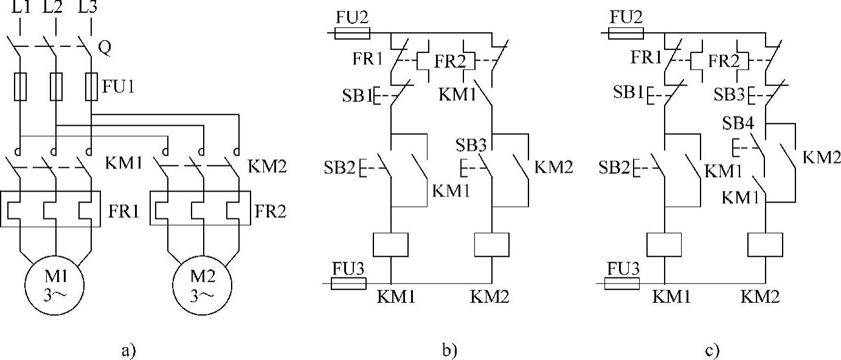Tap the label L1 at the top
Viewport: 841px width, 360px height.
[x=20, y=9]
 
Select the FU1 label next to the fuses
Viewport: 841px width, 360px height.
[x=118, y=86]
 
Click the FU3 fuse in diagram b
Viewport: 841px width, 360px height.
[x=348, y=283]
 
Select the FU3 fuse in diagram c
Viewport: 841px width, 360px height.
[x=621, y=283]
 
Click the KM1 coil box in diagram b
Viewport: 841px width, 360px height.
[x=390, y=244]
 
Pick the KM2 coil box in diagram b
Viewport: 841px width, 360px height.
[x=491, y=244]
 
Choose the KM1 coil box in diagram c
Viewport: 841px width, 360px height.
[x=664, y=244]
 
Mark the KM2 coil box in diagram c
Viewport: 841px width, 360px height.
[x=764, y=244]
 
